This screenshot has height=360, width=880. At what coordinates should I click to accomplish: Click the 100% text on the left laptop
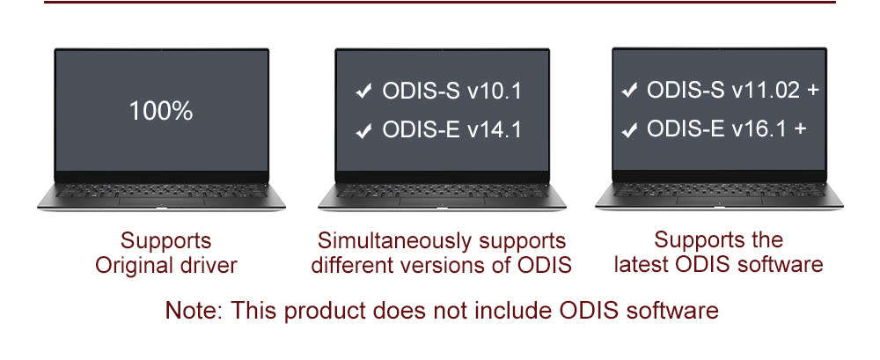tap(160, 112)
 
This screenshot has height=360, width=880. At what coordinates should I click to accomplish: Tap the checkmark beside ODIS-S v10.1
tap(363, 92)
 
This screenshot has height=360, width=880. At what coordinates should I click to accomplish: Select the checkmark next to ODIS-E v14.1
tap(363, 132)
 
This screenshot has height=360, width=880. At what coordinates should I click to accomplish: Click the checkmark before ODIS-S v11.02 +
tap(629, 91)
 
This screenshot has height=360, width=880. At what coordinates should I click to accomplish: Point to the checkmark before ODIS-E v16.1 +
tap(629, 130)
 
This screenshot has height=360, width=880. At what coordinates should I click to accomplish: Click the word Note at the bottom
tap(187, 311)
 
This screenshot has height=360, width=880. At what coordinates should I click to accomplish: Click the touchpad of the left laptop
tap(161, 202)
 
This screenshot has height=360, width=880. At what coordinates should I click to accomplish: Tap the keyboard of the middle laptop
tap(441, 191)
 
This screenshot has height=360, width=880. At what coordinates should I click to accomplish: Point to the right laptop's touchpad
tap(719, 202)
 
